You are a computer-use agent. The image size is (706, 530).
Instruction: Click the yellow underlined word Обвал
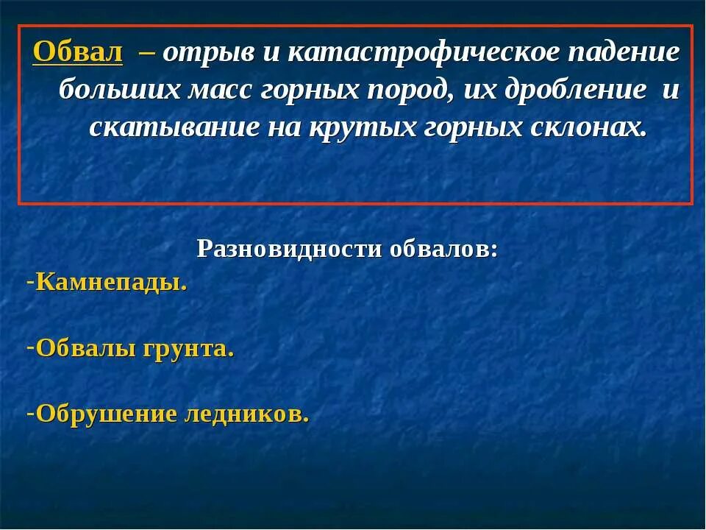point(78,53)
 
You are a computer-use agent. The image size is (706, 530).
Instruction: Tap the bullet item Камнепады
point(111,283)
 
